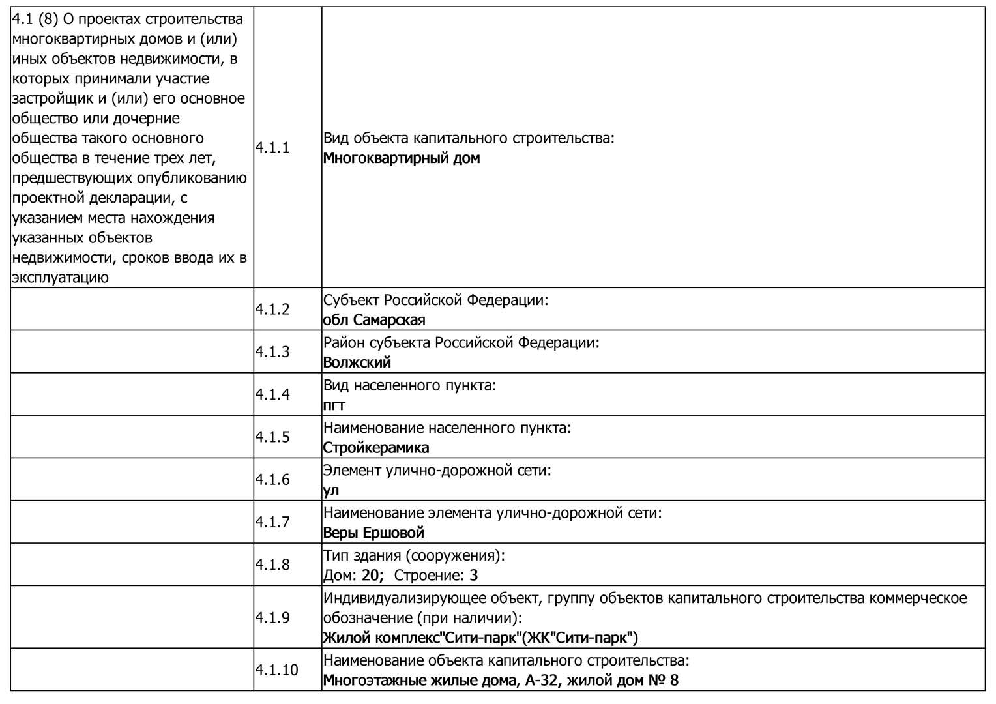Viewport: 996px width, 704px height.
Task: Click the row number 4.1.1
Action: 272,148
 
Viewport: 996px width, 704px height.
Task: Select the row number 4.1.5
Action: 272,437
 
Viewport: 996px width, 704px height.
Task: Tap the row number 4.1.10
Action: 276,670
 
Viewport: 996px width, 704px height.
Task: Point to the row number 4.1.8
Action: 272,565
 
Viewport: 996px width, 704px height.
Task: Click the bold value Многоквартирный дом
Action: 402,158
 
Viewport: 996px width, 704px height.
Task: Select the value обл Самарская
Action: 374,320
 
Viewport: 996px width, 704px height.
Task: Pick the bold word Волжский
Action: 357,362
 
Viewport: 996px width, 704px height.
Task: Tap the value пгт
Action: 334,405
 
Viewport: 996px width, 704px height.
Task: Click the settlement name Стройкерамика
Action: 376,448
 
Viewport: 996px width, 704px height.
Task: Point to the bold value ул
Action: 331,490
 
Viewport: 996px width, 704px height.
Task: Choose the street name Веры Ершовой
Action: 373,533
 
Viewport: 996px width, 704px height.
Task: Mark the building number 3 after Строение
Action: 474,576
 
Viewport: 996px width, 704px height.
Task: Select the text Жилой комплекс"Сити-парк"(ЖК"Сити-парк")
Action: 480,638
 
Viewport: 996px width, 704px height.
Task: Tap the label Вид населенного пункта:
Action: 410,385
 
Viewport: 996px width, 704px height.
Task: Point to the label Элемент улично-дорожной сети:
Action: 437,470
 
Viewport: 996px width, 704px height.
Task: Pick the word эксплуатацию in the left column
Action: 60,278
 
